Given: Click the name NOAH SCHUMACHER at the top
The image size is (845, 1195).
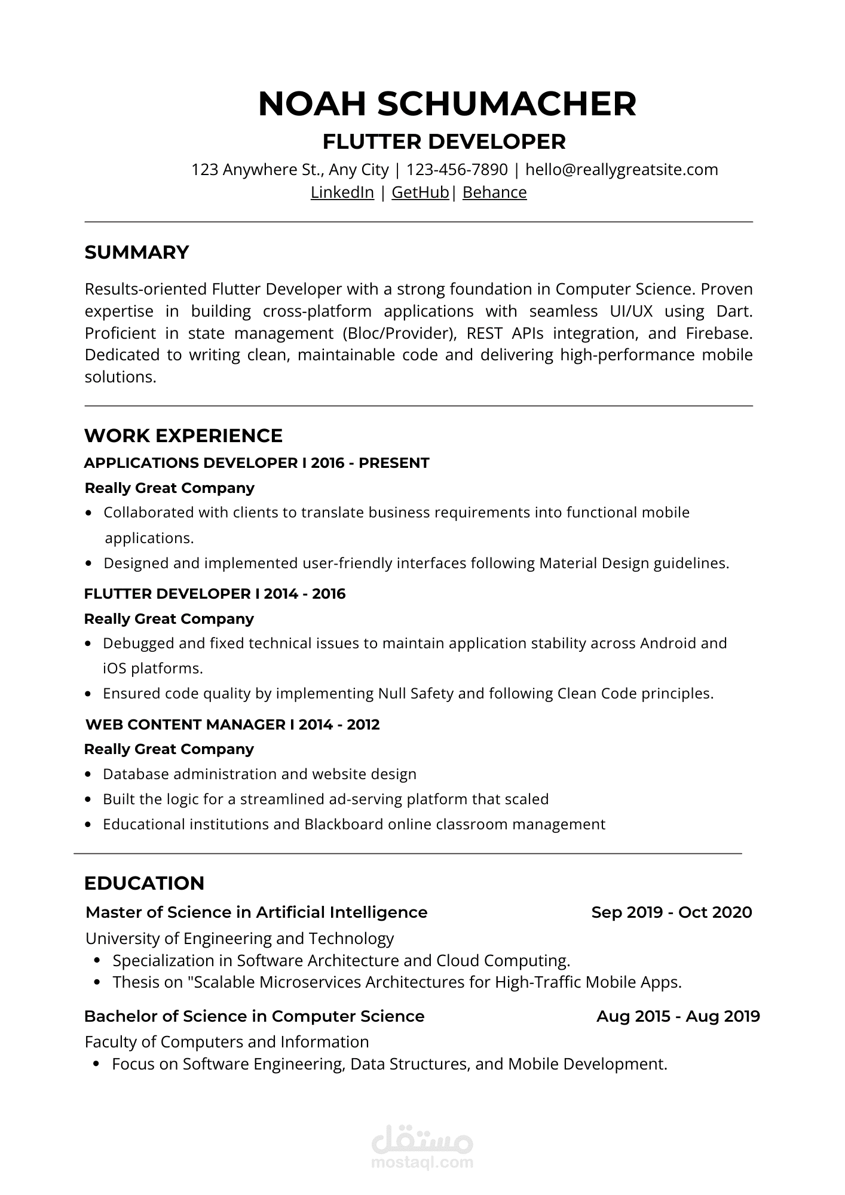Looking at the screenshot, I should (x=447, y=104).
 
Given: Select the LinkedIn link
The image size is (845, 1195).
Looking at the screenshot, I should (x=342, y=192).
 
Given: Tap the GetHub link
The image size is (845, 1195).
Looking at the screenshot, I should (x=420, y=192).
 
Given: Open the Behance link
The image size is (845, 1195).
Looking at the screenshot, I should (x=494, y=192).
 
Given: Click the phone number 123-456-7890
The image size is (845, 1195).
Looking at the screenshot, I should (x=457, y=170).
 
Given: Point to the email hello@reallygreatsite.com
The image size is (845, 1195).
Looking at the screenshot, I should (x=621, y=170).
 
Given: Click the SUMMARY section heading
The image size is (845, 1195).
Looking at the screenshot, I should (x=137, y=253).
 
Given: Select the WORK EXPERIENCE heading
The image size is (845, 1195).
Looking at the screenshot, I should (x=183, y=436).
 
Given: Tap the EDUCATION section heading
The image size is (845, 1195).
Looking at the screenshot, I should (x=144, y=883).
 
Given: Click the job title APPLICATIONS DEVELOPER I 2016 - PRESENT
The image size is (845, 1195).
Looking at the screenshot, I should (x=256, y=463).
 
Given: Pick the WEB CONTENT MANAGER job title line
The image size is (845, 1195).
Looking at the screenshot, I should (x=232, y=725).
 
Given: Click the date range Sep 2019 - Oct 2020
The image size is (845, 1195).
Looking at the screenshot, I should (x=671, y=912).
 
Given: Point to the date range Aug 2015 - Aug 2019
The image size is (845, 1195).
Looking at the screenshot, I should (x=678, y=1016).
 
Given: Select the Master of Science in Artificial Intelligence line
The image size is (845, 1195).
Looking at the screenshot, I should (x=256, y=912).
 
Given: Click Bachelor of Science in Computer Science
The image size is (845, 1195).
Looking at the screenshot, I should (x=254, y=1016).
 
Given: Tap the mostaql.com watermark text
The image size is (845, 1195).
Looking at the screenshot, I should (x=422, y=1163).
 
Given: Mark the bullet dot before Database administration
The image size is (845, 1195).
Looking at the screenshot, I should (x=88, y=774).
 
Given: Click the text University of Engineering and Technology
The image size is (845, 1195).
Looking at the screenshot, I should (x=240, y=939).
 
